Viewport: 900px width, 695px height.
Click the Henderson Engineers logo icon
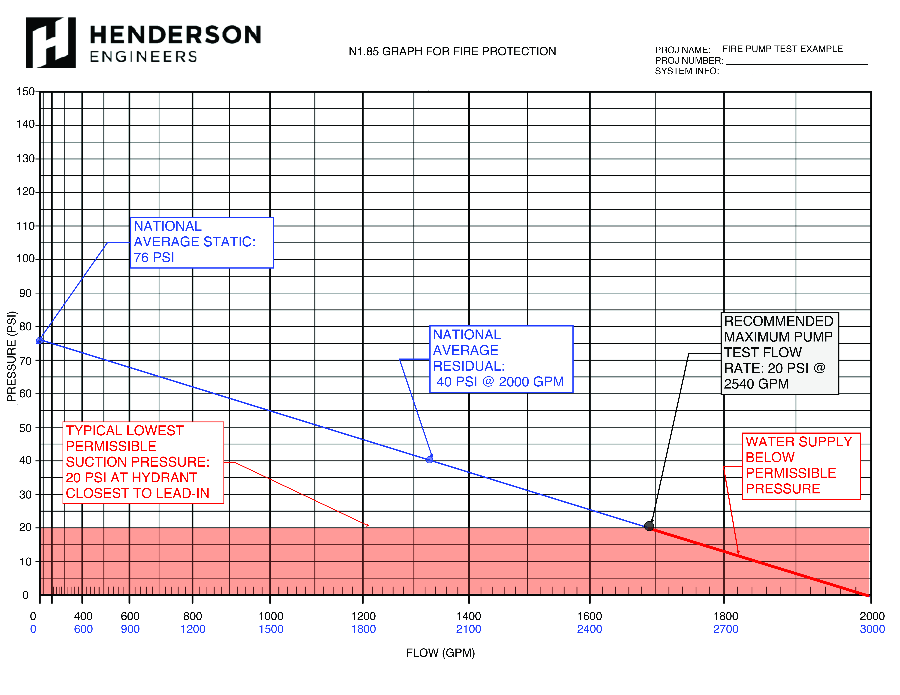[x=50, y=43]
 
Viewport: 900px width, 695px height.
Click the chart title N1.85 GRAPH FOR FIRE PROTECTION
[x=452, y=52]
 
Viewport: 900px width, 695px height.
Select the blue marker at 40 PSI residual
[x=429, y=460]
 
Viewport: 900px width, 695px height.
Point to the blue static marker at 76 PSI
[x=40, y=340]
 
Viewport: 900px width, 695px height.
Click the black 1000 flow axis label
[x=271, y=616]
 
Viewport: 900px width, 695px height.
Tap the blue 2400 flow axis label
[x=589, y=629]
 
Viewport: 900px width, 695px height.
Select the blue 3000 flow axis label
[x=872, y=629]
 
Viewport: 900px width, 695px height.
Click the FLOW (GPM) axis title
[x=440, y=653]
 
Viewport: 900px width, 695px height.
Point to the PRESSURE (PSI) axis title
[x=12, y=356]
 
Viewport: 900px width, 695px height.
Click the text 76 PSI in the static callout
[x=154, y=258]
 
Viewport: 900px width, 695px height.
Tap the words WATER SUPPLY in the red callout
[x=799, y=442]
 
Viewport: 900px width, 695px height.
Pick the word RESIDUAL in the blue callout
[x=469, y=366]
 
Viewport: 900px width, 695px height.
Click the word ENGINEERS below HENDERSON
[x=143, y=56]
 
